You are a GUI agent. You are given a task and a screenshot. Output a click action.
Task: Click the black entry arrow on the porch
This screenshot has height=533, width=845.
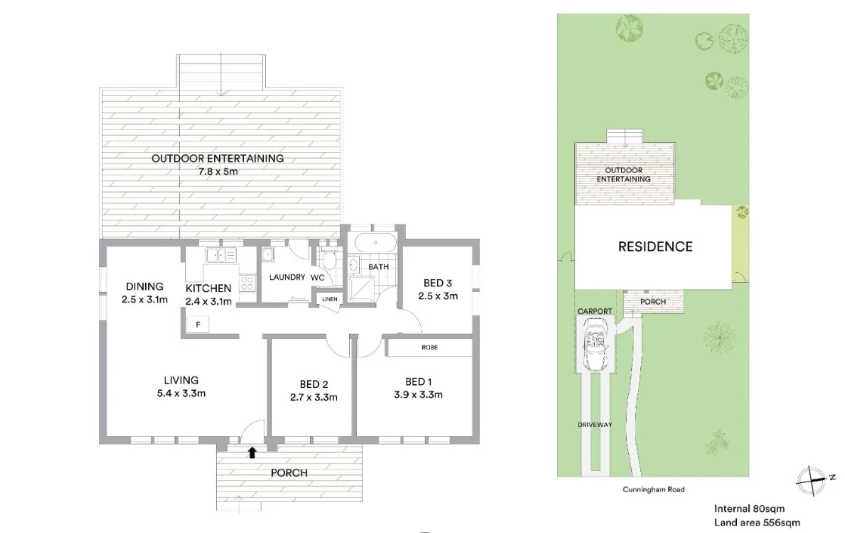(x=252, y=453)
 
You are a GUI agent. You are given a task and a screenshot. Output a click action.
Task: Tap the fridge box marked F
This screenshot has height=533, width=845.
(x=198, y=325)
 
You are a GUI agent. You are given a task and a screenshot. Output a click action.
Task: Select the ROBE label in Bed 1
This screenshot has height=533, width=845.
(x=429, y=348)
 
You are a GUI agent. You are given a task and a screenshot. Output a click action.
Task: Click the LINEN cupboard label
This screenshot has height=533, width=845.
(x=330, y=299)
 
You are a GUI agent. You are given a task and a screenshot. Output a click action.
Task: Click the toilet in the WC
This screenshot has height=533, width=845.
(x=329, y=261)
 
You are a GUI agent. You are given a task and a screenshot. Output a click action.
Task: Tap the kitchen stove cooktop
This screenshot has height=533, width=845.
(x=248, y=284)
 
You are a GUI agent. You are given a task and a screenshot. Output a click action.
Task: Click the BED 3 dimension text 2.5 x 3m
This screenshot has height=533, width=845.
(x=439, y=296)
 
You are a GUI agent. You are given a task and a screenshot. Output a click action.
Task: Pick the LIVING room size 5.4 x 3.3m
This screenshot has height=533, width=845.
(x=181, y=393)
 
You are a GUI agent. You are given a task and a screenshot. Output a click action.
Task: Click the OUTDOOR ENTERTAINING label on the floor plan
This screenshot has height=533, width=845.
(x=218, y=159)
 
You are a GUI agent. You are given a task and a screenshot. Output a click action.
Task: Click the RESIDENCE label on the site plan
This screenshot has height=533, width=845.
(x=655, y=246)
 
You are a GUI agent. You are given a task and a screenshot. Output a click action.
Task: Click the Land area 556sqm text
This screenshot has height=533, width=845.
(x=757, y=522)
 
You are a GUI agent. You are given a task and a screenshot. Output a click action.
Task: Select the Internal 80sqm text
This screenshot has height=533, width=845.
(x=751, y=509)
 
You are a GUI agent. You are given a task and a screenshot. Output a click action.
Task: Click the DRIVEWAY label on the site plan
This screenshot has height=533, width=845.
(x=596, y=425)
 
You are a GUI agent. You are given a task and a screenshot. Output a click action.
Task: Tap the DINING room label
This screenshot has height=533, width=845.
(x=144, y=287)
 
